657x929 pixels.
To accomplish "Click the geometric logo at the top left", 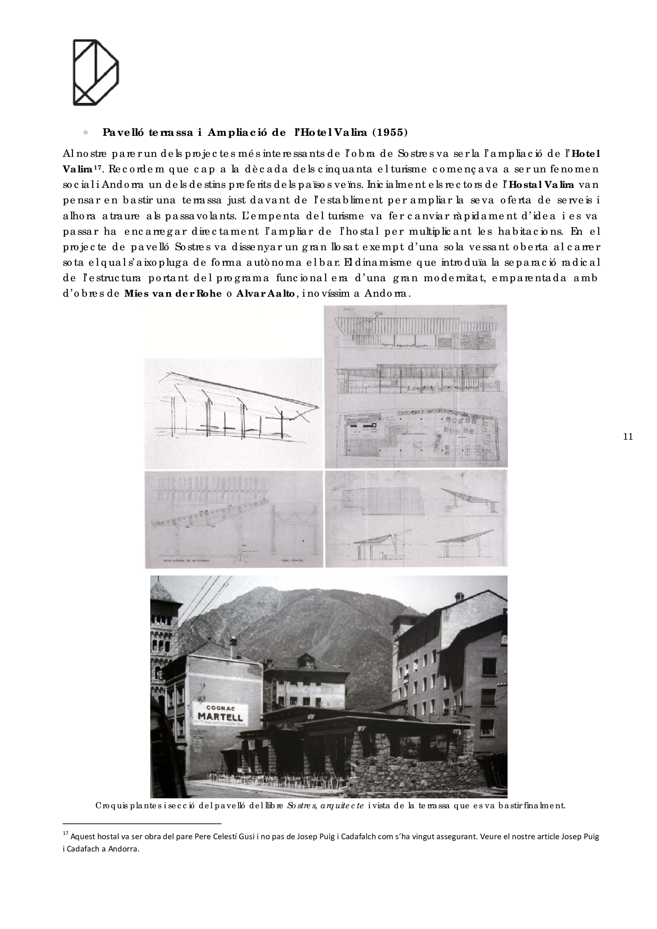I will tap(95, 72).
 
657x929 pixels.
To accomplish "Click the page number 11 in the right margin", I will tap(628, 436).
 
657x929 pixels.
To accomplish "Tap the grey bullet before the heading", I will tap(85, 133).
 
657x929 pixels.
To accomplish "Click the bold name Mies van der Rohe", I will tap(173, 294).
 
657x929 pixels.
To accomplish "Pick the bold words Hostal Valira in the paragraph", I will tap(541, 185).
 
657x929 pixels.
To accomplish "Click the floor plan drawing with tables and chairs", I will tap(416, 435).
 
